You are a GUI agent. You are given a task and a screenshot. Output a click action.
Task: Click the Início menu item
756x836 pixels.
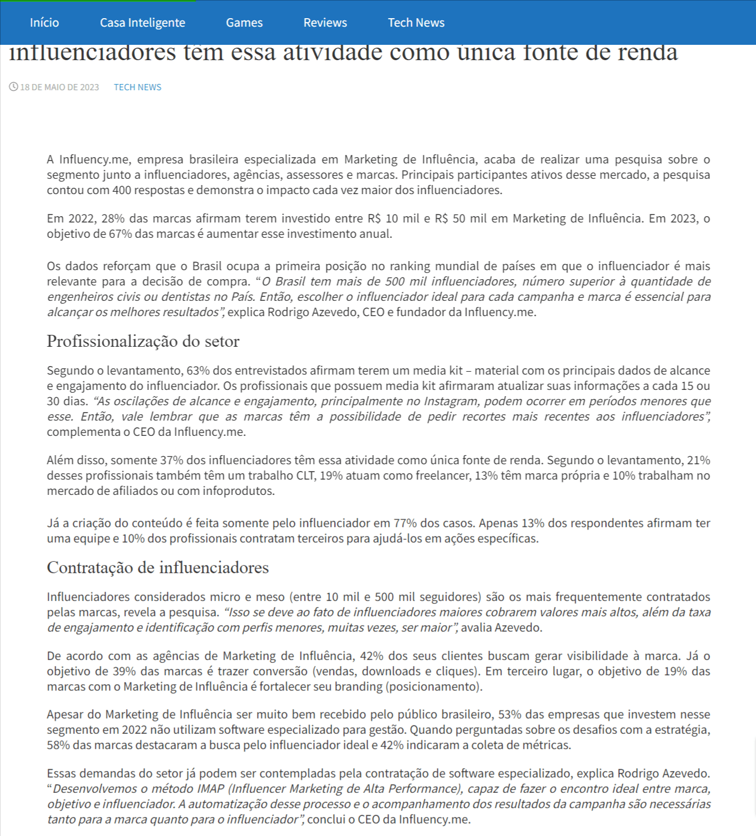point(44,23)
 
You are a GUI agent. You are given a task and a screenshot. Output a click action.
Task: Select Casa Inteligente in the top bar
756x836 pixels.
point(142,23)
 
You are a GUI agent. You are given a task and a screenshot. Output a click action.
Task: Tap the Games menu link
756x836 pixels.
point(244,23)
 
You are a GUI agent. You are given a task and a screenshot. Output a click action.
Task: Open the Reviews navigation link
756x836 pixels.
point(325,23)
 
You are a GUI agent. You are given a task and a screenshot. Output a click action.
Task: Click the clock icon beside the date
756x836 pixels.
point(14,87)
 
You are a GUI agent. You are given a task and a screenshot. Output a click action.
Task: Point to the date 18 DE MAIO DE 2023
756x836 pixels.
point(60,87)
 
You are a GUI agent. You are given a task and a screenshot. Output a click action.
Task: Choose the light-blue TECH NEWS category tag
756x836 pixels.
point(137,87)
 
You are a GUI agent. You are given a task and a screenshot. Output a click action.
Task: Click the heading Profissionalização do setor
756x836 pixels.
point(143,341)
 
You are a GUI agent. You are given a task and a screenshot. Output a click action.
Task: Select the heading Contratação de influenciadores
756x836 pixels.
point(158,568)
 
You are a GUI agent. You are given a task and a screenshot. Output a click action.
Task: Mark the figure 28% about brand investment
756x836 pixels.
point(113,219)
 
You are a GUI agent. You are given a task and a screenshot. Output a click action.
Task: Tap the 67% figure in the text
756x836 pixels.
point(120,234)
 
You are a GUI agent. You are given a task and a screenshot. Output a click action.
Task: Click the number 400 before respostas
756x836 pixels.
point(122,190)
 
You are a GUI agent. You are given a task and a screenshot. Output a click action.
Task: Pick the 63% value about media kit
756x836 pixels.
point(198,371)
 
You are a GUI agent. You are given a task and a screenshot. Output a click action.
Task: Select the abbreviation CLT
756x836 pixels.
point(306,476)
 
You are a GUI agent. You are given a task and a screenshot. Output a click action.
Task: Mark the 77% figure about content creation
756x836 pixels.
point(405,523)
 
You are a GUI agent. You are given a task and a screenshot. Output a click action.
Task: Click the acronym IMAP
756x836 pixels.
point(212,789)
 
